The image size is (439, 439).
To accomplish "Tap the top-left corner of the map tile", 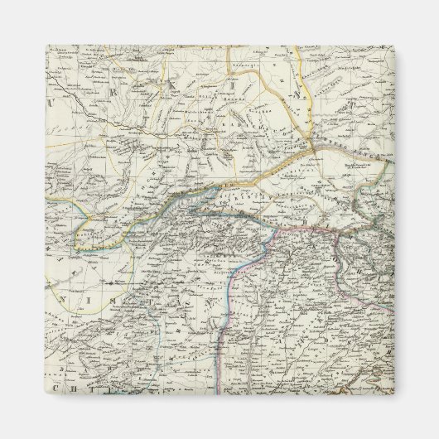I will [46, 46].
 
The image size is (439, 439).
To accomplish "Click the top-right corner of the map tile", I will [393, 46].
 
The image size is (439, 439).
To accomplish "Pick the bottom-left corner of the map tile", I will [46, 393].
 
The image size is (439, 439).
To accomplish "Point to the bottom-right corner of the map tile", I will [393, 393].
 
